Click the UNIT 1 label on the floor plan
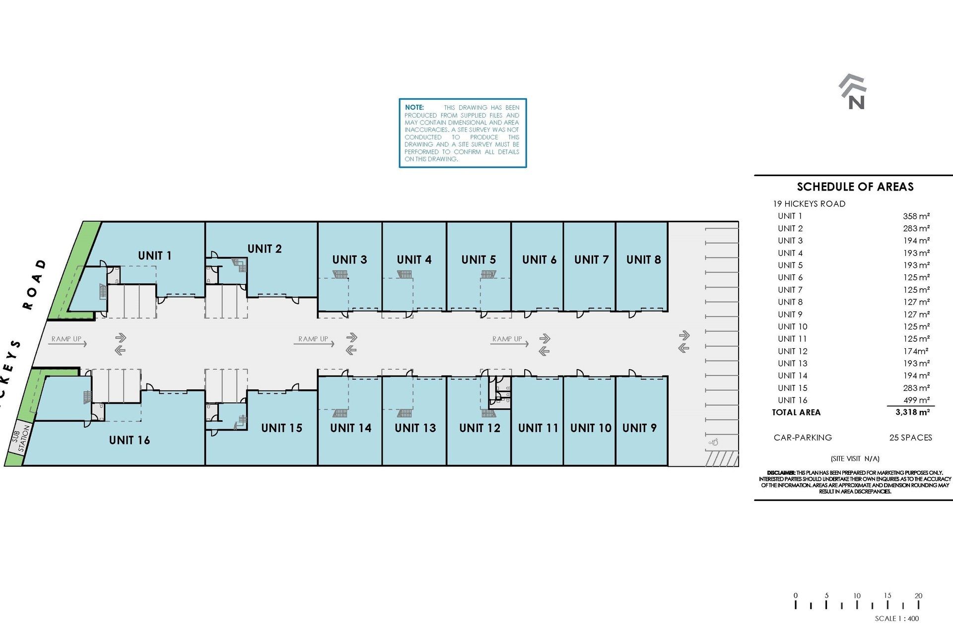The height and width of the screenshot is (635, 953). coord(154,255)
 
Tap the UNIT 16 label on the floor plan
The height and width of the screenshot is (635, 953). coord(129,440)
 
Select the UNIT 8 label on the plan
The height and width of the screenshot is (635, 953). coord(643,259)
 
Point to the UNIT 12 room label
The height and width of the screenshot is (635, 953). coord(479,428)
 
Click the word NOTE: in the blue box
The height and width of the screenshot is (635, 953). coord(414,107)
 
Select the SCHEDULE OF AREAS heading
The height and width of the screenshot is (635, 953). coord(855,187)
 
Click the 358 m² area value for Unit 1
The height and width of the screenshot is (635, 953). coord(916,216)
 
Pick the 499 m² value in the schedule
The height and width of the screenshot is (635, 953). coord(916,400)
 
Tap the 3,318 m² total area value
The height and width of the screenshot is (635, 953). coord(912,412)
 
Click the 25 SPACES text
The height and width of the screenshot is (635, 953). coord(910,438)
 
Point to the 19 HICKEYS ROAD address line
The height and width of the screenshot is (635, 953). coord(809,204)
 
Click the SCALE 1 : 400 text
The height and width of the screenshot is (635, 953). coord(897,619)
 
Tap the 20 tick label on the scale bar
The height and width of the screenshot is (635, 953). coord(918,596)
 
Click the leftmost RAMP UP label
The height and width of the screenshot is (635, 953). coord(67,339)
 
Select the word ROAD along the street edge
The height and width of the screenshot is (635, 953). coord(35,284)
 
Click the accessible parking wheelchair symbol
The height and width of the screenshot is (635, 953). coord(714,442)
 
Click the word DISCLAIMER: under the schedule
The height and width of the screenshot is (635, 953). coord(781,473)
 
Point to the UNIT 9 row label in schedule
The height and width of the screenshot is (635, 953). coord(790,315)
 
